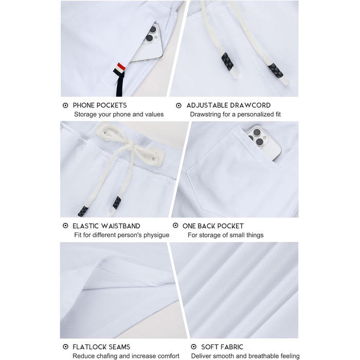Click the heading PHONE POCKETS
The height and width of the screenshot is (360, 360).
pos(100,105)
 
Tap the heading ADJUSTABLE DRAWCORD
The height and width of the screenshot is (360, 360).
pos(228,105)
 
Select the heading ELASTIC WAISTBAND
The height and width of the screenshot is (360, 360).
pos(106,226)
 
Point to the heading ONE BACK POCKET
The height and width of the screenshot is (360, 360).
pos(213,226)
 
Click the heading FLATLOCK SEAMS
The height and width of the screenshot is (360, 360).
pos(101,347)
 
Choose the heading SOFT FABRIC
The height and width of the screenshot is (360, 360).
pos(222,347)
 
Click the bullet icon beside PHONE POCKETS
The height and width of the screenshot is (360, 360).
pos(65,105)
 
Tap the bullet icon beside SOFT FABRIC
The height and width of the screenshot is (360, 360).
pos(193,347)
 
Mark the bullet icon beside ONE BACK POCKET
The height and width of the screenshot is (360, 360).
pos(175,226)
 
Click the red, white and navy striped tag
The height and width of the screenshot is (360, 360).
pos(120,70)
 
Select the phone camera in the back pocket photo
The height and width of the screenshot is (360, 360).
pos(257,138)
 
